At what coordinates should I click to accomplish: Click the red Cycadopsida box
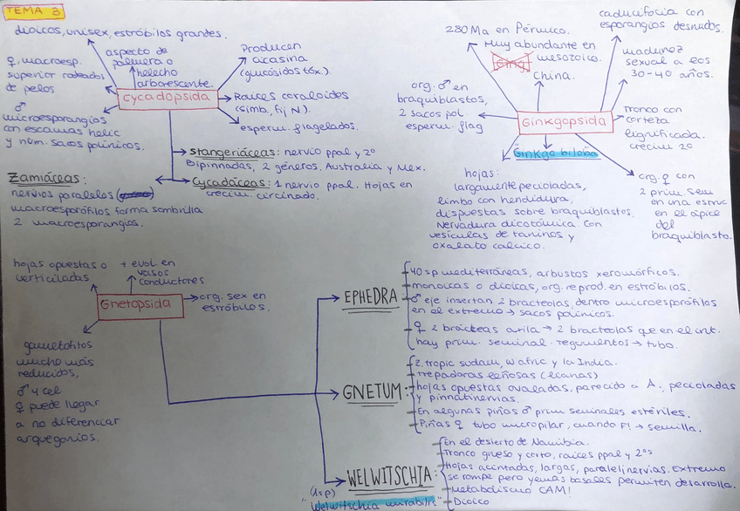coord(167,99)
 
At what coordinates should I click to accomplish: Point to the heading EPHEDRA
coord(370,296)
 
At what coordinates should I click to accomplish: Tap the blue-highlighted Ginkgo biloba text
coord(555,153)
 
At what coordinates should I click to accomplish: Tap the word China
coord(552,76)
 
